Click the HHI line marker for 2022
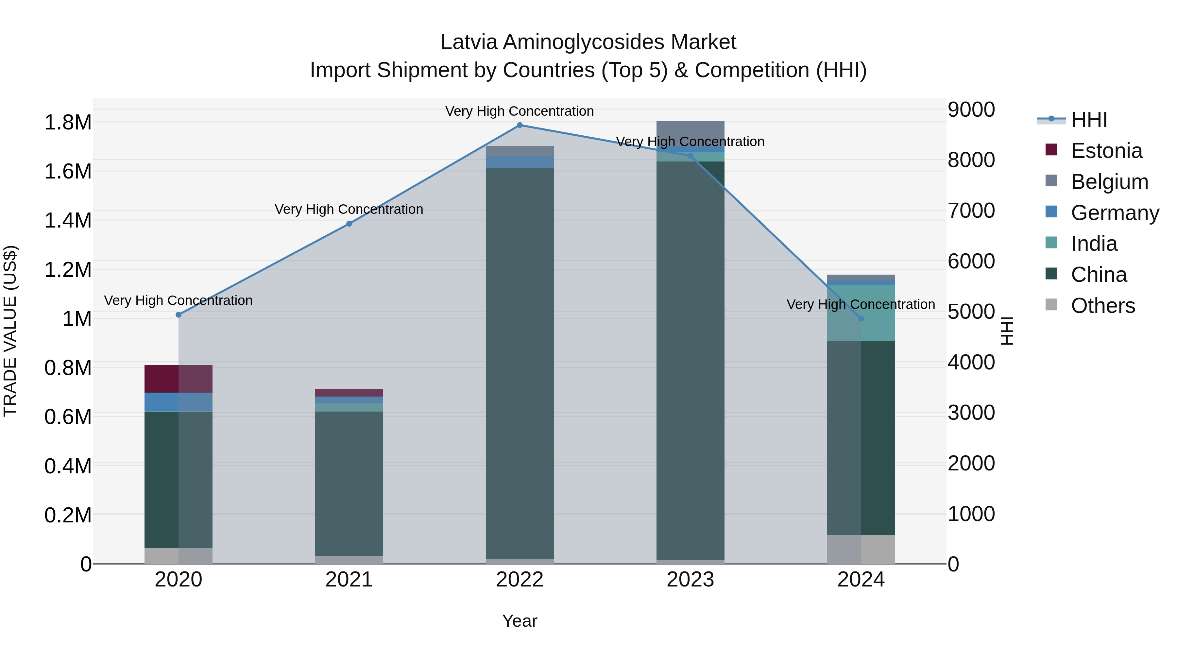click(x=520, y=125)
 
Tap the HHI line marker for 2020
click(x=179, y=315)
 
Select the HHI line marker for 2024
click(x=861, y=318)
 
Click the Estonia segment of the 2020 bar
click(x=178, y=379)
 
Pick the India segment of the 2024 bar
click(x=861, y=313)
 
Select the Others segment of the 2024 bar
click(x=861, y=549)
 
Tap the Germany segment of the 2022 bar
click(x=520, y=162)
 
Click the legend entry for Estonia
click(x=1106, y=151)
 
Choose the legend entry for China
click(x=1099, y=275)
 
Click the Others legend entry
click(x=1102, y=306)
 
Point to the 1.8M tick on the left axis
click(x=68, y=123)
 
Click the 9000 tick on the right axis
click(x=971, y=110)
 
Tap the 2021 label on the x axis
click(x=349, y=580)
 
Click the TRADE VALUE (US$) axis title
click(x=10, y=331)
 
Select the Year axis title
click(x=520, y=621)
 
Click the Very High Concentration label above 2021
click(x=349, y=209)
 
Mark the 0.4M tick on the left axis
click(x=68, y=466)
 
